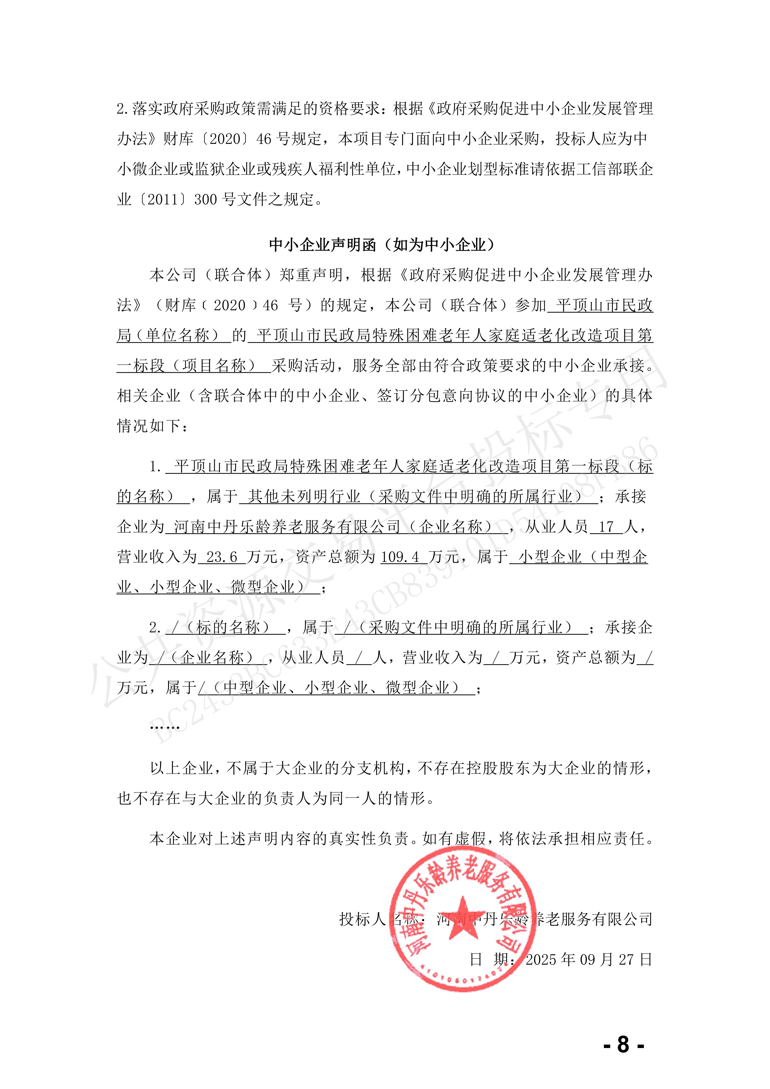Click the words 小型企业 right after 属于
(550, 557)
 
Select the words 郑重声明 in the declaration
(311, 275)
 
